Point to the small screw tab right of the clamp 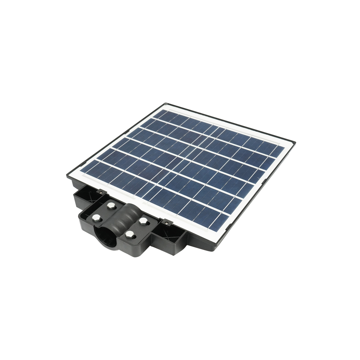(x=166, y=222)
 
